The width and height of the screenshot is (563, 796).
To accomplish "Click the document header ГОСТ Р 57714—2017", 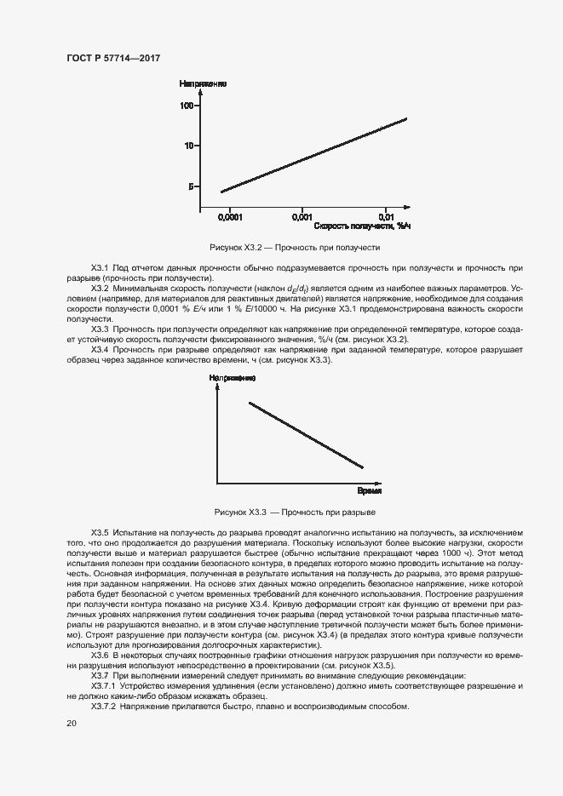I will pos(113,59).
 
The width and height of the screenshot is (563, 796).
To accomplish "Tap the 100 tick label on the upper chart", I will pos(187,106).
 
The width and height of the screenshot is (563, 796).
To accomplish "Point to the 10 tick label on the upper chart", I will pos(190,146).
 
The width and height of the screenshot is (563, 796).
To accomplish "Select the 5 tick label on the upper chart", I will pos(192,186).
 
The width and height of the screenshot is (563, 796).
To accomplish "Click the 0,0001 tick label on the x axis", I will pos(230,217).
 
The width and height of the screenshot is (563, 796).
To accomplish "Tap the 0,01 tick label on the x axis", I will pos(386,217).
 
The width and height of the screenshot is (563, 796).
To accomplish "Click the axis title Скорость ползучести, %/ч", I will pos(363,226).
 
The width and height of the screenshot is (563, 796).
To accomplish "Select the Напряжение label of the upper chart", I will pos(202,83).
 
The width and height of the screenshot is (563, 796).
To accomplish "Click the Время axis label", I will pos(369,492).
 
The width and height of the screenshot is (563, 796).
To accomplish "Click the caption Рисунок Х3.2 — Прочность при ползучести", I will pos(294,248).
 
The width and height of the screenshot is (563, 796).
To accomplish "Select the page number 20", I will pos(72,723).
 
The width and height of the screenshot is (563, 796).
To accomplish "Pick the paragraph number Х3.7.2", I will pos(105,707).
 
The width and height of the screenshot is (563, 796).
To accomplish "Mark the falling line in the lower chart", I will pos(307,435).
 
